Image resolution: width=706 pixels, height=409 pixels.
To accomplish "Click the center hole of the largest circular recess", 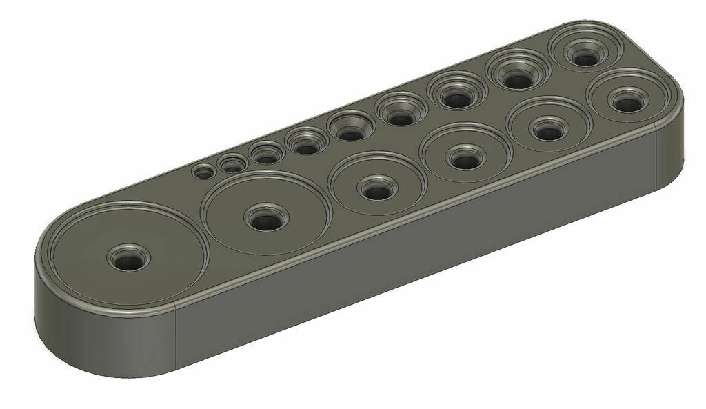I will click(126, 259).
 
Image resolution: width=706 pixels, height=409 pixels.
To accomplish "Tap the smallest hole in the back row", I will click(203, 172).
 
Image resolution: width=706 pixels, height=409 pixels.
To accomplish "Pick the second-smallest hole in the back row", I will click(232, 166).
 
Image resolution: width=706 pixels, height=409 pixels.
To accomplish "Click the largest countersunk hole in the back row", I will click(585, 56).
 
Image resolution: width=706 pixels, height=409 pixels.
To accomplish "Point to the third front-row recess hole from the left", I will click(376, 188).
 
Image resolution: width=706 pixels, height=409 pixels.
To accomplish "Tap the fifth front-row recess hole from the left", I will click(547, 129).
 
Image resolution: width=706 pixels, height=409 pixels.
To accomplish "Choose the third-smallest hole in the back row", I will click(265, 155).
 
